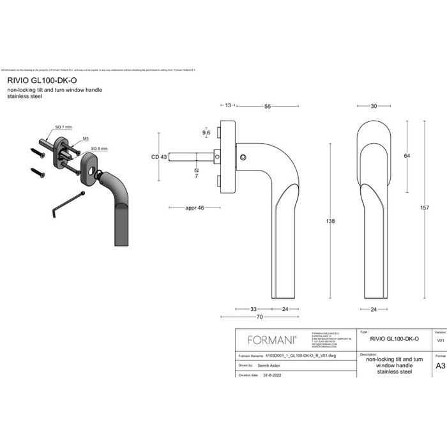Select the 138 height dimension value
pyautogui.click(x=330, y=221)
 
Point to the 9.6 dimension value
pyautogui.click(x=206, y=133)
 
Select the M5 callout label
pyautogui.click(x=86, y=138)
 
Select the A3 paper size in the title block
pyautogui.click(x=439, y=367)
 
